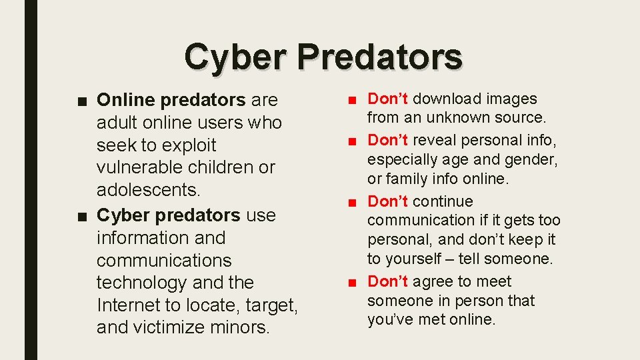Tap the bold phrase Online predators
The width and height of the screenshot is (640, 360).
[171, 100]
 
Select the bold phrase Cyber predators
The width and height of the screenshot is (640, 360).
[168, 215]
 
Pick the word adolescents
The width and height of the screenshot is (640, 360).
[148, 190]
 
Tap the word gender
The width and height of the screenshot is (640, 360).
[533, 160]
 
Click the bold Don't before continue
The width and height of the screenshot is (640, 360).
[388, 201]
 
